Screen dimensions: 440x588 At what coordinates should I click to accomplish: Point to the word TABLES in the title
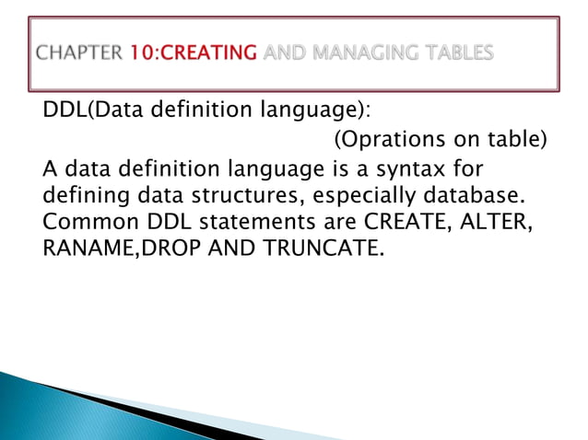(458, 53)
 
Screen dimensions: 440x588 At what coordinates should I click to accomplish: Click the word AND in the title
(285, 53)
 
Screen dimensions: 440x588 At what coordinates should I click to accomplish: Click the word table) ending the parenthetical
(516, 140)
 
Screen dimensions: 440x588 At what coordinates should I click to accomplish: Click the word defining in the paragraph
(84, 196)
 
